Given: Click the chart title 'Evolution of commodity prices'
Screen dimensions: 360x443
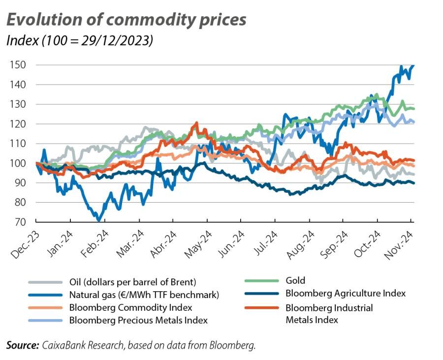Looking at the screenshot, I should point(126,19).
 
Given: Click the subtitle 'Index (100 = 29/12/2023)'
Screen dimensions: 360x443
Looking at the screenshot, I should point(79,40).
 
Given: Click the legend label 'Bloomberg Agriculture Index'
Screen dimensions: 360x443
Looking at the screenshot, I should point(345,293).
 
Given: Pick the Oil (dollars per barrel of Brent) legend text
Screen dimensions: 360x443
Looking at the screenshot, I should point(132,282).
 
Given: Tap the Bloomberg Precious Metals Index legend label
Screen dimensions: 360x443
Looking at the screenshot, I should point(138,321).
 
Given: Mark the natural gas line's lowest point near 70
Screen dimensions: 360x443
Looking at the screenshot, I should point(99,220).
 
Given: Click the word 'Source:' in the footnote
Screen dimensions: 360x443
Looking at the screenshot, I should point(23,346).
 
